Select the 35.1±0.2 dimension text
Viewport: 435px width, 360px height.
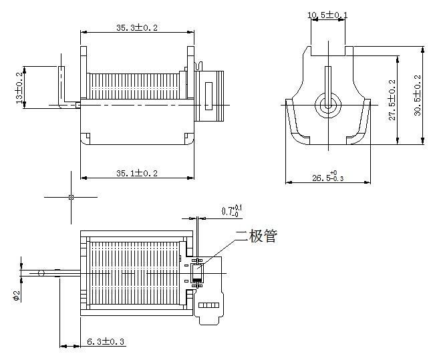click(x=137, y=173)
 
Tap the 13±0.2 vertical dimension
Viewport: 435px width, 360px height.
click(x=19, y=87)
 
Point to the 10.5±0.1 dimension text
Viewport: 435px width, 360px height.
click(x=327, y=15)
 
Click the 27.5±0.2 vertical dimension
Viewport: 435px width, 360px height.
click(x=392, y=100)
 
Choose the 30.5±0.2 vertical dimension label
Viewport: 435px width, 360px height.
click(x=418, y=95)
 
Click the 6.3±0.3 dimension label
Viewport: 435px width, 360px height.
click(x=106, y=342)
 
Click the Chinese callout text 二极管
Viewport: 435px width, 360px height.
click(x=255, y=236)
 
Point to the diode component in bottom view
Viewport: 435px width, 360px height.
click(x=196, y=273)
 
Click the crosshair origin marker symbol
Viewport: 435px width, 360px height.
click(x=71, y=197)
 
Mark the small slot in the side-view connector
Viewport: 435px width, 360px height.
click(x=207, y=95)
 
